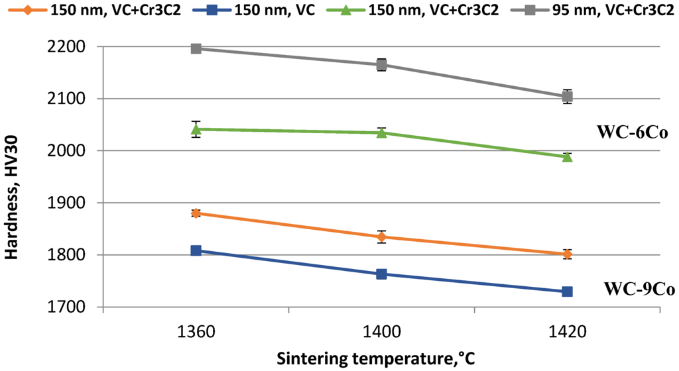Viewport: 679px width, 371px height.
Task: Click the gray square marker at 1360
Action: tap(196, 48)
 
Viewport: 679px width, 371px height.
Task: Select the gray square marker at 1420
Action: tap(567, 97)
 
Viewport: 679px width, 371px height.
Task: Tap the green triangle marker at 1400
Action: tap(382, 132)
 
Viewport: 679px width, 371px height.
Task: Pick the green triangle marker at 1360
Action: tap(196, 129)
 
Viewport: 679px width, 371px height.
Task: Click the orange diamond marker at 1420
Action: tap(567, 254)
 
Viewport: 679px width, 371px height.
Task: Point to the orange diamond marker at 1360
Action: tap(196, 213)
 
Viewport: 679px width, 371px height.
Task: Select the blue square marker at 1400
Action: tap(382, 274)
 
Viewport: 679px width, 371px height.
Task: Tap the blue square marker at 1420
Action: tap(567, 291)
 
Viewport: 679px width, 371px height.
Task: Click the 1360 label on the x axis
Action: tap(196, 333)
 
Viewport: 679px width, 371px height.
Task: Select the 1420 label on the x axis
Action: tap(567, 333)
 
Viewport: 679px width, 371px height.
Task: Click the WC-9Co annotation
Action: tap(639, 290)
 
